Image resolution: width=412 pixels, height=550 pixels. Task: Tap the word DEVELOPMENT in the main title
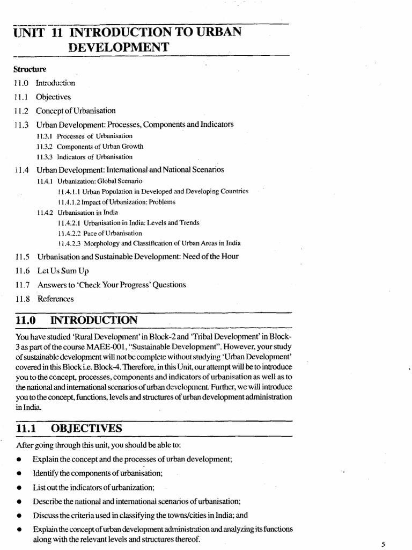pyautogui.click(x=119, y=48)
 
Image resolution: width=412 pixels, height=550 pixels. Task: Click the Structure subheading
pyautogui.click(x=30, y=69)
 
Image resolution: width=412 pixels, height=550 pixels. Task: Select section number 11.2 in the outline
pyautogui.click(x=21, y=111)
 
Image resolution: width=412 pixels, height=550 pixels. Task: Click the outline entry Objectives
pyautogui.click(x=53, y=97)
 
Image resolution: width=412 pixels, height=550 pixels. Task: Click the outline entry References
pyautogui.click(x=55, y=299)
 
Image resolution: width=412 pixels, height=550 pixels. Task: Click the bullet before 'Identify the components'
pyautogui.click(x=19, y=474)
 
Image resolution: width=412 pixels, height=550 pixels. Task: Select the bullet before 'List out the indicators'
pyautogui.click(x=19, y=488)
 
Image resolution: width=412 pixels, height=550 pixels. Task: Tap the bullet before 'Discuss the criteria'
pyautogui.click(x=19, y=515)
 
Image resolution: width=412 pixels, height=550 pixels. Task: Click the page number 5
pyautogui.click(x=383, y=544)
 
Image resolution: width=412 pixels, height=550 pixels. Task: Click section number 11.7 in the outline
pyautogui.click(x=21, y=285)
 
